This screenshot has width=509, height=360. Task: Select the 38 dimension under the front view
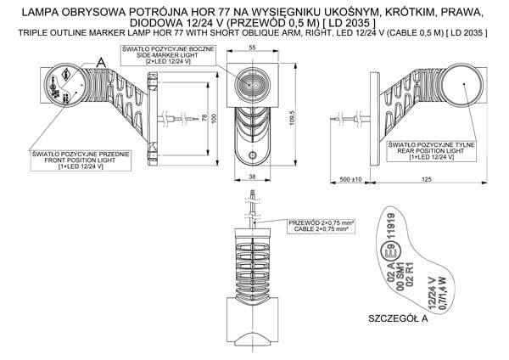pos(251,177)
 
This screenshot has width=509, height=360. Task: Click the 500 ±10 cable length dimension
pos(350,180)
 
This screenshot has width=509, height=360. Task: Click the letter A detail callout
pos(101,61)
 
